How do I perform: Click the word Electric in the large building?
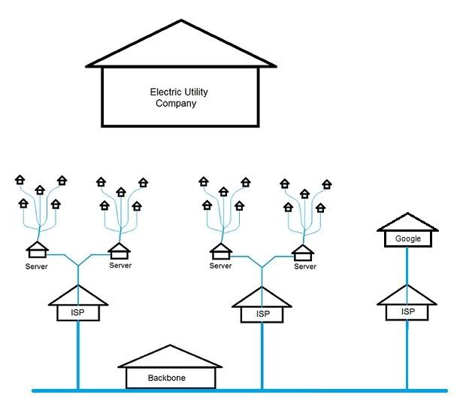pyautogui.click(x=165, y=93)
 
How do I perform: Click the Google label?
pyautogui.click(x=407, y=239)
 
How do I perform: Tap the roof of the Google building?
pyautogui.click(x=407, y=222)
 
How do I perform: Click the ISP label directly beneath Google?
pyautogui.click(x=407, y=311)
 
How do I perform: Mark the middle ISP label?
pyautogui.click(x=262, y=314)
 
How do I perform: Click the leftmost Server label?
pyautogui.click(x=36, y=266)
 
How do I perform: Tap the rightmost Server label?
pyautogui.click(x=304, y=266)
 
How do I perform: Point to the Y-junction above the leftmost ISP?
pyautogui.click(x=78, y=263)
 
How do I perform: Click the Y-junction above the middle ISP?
pyautogui.click(x=262, y=265)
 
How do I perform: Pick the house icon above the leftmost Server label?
pyautogui.click(x=36, y=249)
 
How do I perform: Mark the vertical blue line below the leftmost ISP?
pyautogui.click(x=78, y=354)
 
